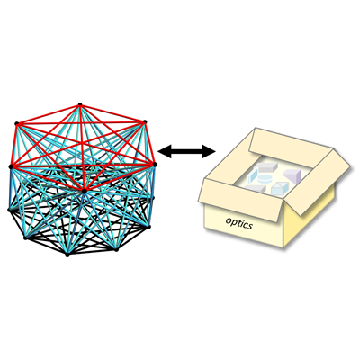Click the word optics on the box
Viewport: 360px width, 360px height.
click(x=239, y=223)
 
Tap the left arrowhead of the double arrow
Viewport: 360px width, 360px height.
click(x=165, y=151)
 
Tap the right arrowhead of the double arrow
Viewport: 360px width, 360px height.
click(x=209, y=151)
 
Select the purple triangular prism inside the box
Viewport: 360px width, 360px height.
click(x=292, y=175)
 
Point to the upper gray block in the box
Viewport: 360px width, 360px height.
click(x=266, y=167)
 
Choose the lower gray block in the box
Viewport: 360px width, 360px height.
click(x=255, y=188)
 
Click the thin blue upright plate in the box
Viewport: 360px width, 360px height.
click(x=253, y=176)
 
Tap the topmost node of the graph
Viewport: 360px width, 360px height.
click(x=80, y=104)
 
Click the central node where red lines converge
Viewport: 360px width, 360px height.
click(x=85, y=191)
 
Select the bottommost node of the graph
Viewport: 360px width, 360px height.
click(x=67, y=255)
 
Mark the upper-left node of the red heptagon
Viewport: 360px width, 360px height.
click(x=17, y=123)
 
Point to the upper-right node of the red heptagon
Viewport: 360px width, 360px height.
click(x=145, y=121)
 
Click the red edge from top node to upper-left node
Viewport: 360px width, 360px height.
click(x=49, y=114)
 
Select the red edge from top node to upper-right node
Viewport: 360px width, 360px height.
click(x=112, y=113)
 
